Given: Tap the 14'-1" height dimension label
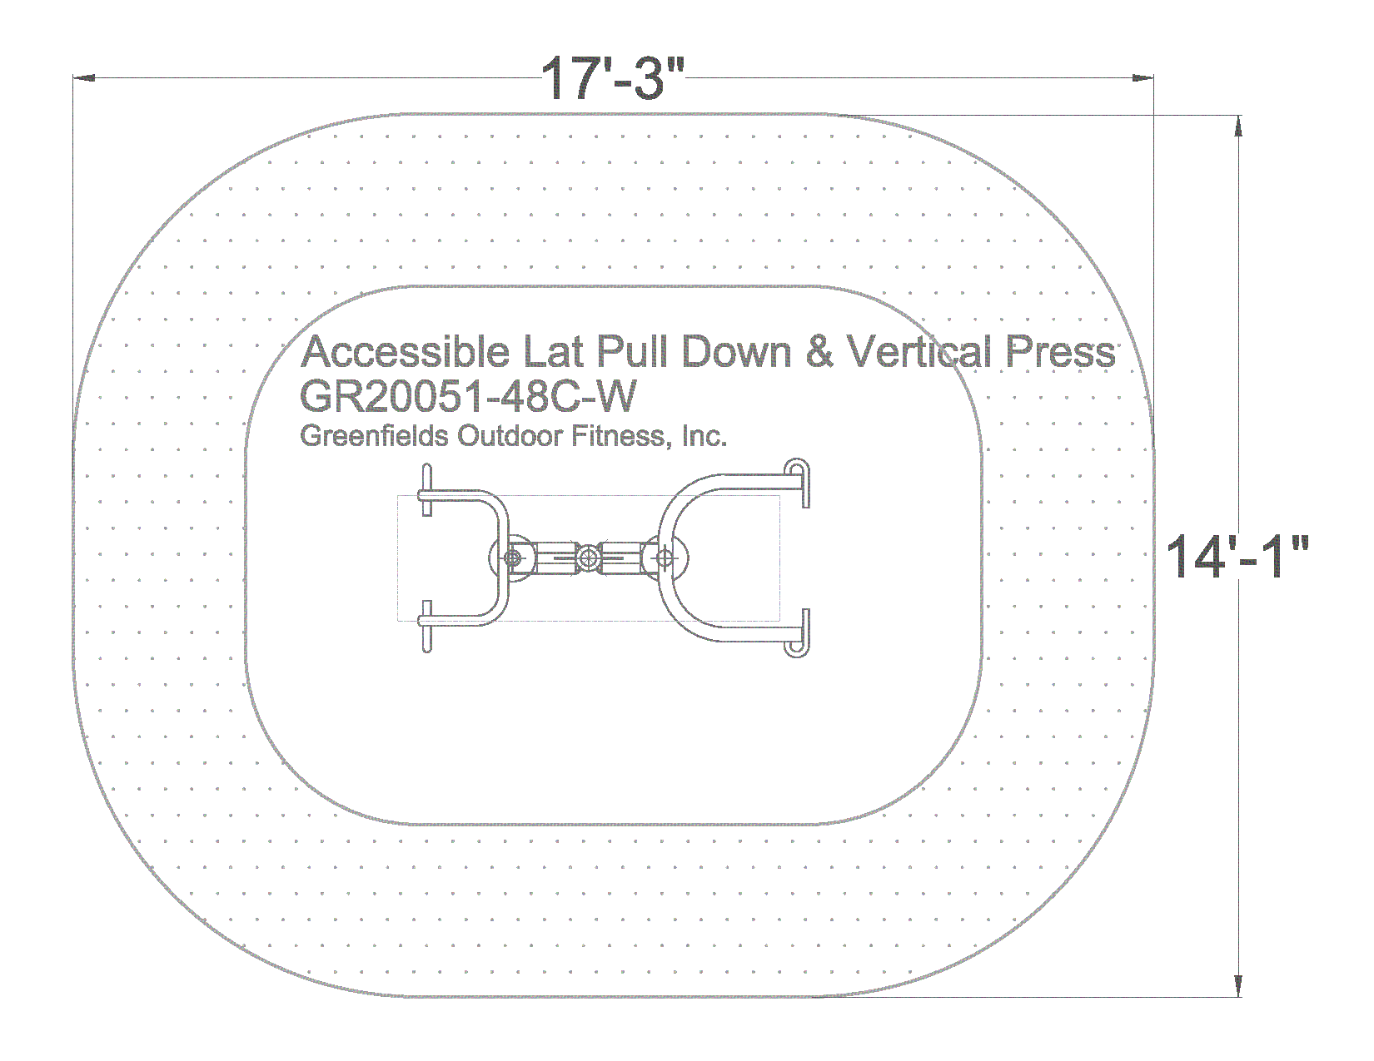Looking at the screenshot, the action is tap(1236, 556).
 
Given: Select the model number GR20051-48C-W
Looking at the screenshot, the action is tap(467, 396).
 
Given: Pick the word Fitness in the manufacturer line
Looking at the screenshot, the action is tap(619, 436).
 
